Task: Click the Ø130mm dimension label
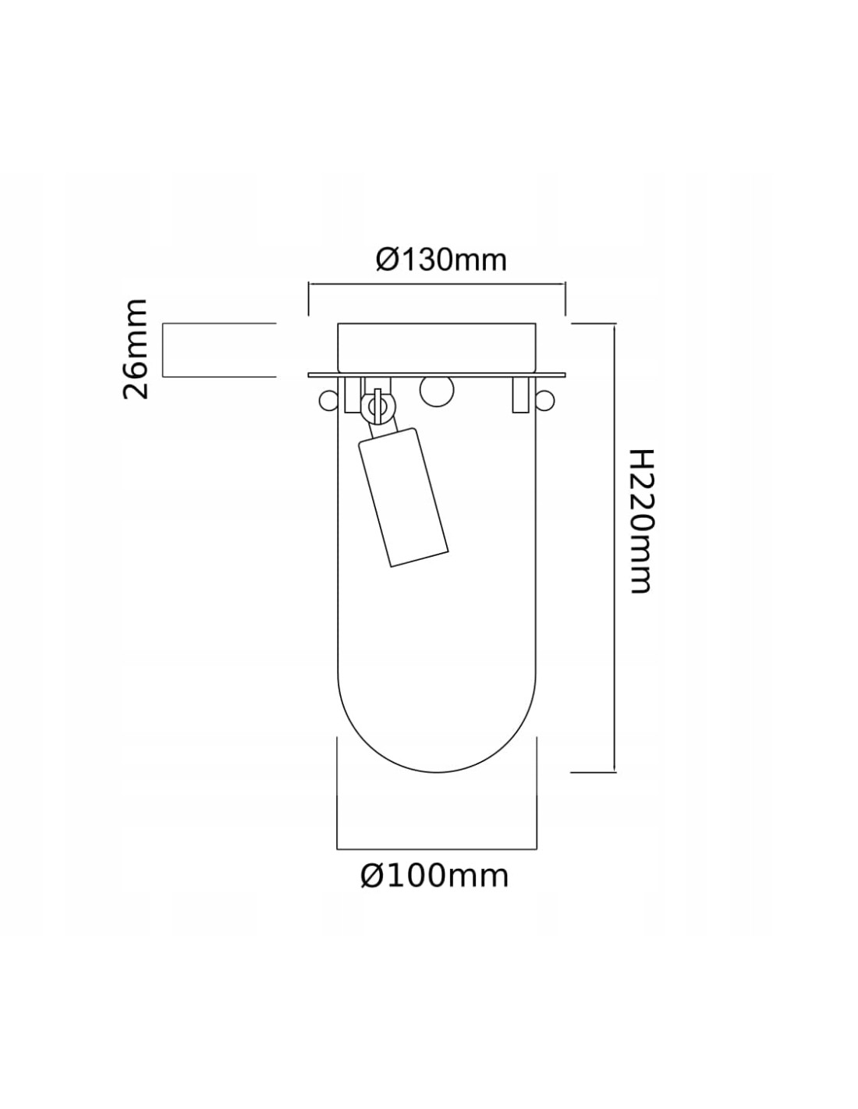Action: (441, 260)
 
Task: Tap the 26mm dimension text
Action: (136, 349)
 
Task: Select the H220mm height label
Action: (639, 521)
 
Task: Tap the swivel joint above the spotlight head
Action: (378, 406)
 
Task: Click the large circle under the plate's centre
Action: (436, 391)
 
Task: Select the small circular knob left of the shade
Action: (328, 400)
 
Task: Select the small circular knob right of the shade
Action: (545, 399)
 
